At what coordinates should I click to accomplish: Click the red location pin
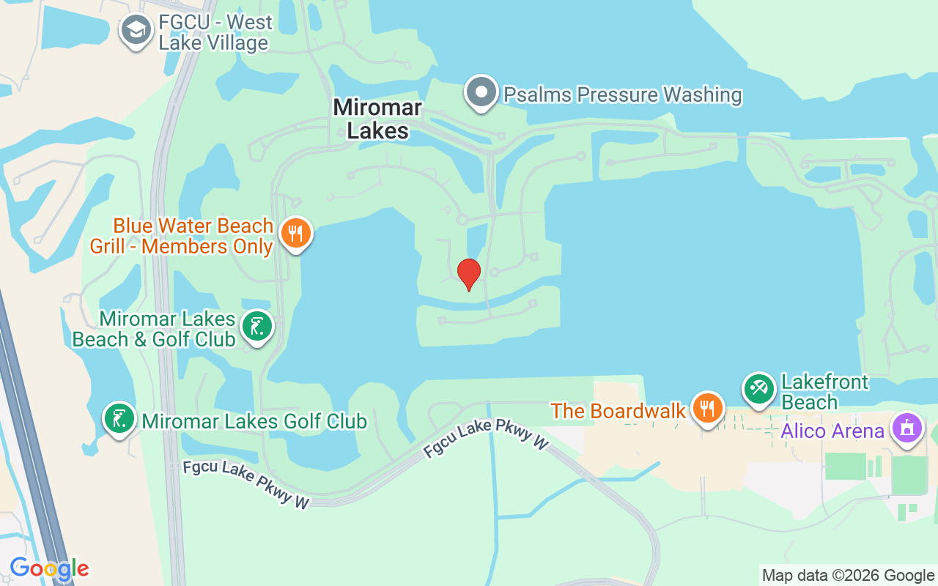tap(468, 274)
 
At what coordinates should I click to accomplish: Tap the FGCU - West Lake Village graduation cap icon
tap(136, 31)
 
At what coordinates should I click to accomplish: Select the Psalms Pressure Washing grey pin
tap(481, 93)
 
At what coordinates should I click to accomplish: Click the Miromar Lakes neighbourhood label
tap(377, 119)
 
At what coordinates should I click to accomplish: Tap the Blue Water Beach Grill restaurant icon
tap(296, 234)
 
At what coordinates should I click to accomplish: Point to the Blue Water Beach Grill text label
tap(182, 236)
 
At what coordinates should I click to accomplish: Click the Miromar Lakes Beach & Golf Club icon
tap(256, 327)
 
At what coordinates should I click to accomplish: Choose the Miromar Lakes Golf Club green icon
tap(119, 418)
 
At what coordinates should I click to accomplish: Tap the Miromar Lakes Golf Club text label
tap(254, 421)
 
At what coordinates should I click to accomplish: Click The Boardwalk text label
tap(618, 411)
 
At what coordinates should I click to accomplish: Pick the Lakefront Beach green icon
tap(759, 388)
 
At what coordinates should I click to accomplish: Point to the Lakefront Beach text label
tap(824, 392)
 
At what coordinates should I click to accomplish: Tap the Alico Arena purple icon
tap(907, 428)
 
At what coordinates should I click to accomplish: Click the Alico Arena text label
tap(832, 430)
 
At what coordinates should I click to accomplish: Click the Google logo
tap(49, 568)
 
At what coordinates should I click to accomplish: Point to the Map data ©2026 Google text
tap(848, 576)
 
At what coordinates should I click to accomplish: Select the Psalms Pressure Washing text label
tap(622, 94)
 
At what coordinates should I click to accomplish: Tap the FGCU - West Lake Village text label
tap(214, 33)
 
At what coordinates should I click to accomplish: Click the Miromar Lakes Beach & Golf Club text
tap(154, 329)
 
